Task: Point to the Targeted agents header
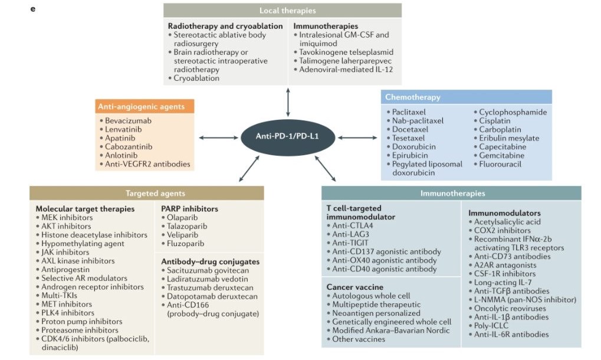147,193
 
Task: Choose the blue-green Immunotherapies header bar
451,193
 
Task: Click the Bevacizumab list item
129,121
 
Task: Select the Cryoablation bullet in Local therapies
196,78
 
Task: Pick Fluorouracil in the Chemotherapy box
500,163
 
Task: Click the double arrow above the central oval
287,101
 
